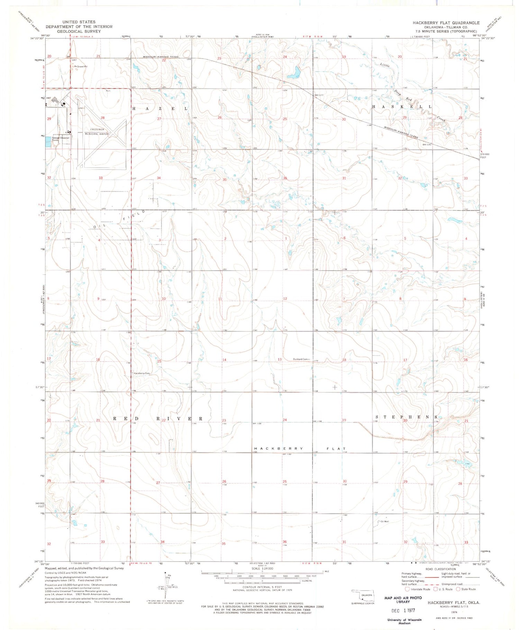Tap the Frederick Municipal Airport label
(98, 132)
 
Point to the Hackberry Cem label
(142, 373)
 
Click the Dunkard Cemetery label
(301, 359)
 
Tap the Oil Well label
(384, 522)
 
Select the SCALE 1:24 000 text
(262, 568)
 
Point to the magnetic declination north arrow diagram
(166, 585)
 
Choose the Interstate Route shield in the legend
(407, 589)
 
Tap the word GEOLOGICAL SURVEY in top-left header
(79, 31)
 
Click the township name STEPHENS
(407, 417)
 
